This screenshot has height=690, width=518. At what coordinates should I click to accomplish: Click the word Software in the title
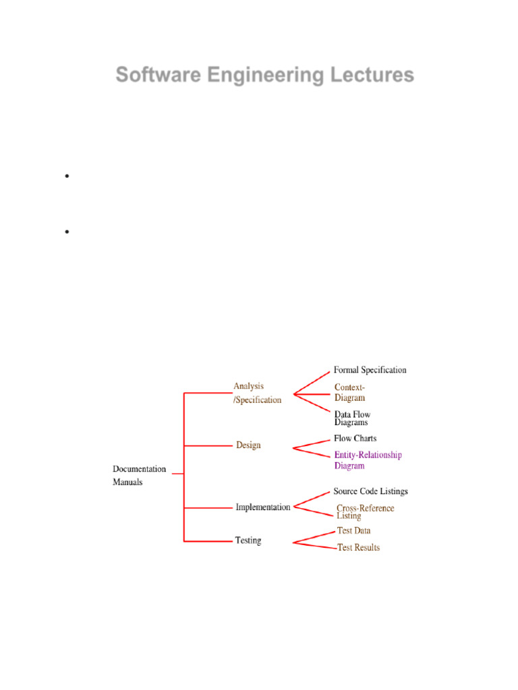[x=149, y=75]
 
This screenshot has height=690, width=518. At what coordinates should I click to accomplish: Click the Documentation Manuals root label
[x=139, y=476]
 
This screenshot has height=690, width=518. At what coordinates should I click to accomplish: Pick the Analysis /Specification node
[x=257, y=393]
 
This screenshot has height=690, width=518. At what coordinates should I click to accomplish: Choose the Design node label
[x=248, y=445]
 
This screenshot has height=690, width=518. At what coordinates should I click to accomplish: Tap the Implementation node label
[x=263, y=507]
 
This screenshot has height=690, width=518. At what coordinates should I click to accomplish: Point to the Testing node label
[x=248, y=540]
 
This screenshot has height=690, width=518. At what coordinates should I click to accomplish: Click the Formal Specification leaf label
[x=370, y=370]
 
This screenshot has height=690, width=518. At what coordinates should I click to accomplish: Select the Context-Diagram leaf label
[x=350, y=393]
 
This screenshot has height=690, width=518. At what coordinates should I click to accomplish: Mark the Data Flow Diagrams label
[x=352, y=418]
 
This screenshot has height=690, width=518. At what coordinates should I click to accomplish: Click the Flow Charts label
[x=355, y=439]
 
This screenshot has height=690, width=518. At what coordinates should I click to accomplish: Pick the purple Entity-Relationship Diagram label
[x=368, y=460]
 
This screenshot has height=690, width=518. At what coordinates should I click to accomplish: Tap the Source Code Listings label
[x=370, y=492]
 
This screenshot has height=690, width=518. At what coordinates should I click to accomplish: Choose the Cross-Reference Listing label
[x=365, y=512]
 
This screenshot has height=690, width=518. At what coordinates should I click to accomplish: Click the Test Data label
[x=354, y=531]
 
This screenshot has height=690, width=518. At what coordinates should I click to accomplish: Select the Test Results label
[x=358, y=548]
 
